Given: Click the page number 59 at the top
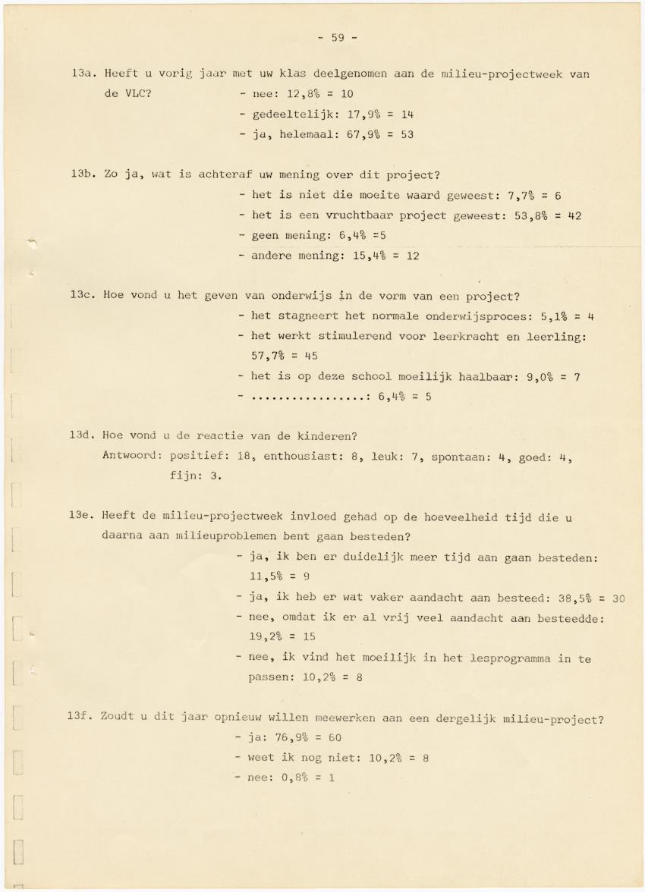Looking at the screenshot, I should coord(337,37).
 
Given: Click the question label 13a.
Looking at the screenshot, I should coord(81,74).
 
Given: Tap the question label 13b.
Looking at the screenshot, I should coord(81,176).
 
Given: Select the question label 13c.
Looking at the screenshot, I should coord(81,296).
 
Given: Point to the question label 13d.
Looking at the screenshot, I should coord(81,436).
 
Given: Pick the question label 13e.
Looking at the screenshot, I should coord(81,517).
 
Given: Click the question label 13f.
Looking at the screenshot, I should coord(80,718).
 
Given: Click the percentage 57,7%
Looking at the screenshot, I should coord(271,356).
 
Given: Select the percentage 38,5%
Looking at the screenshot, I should coord(562,598).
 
